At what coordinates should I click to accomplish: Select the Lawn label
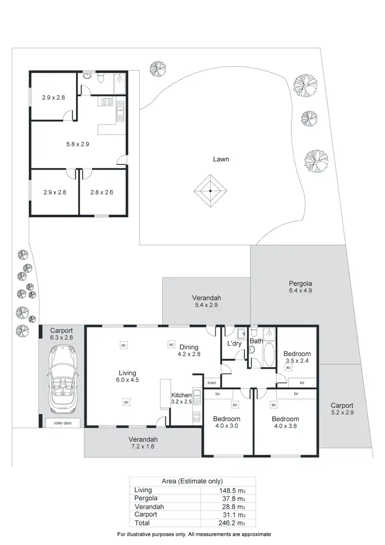pyautogui.click(x=221, y=159)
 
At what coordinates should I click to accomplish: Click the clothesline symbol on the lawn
pyautogui.click(x=210, y=191)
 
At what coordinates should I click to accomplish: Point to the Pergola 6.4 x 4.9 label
pyautogui.click(x=300, y=287)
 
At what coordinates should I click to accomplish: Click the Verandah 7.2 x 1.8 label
pyautogui.click(x=143, y=443)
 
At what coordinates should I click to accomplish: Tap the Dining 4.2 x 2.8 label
pyautogui.click(x=189, y=350)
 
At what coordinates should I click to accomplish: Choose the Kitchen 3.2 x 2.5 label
pyautogui.click(x=181, y=399)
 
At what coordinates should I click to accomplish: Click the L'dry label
pyautogui.click(x=234, y=344)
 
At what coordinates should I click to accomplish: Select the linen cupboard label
pyautogui.click(x=211, y=383)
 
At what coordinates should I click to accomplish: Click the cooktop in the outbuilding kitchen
pyautogui.click(x=107, y=102)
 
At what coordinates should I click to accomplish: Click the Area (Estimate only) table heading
pyautogui.click(x=192, y=481)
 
